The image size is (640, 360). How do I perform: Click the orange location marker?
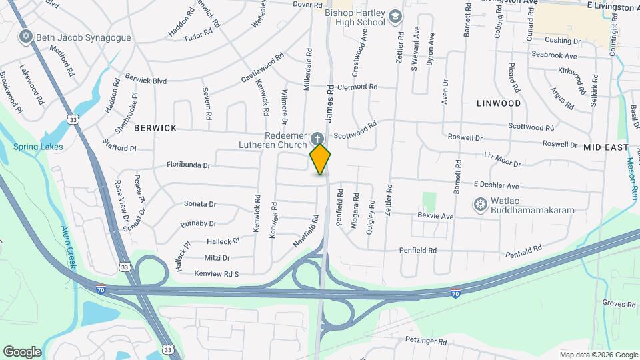click(320, 159)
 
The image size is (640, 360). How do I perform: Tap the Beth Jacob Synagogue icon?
click(27, 36)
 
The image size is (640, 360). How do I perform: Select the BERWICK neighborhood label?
click(155, 127)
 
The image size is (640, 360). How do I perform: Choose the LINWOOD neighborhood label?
click(499, 103)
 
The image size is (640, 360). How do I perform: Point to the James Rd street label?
click(329, 103)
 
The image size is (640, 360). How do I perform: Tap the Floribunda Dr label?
click(188, 164)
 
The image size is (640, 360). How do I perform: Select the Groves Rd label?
click(619, 304)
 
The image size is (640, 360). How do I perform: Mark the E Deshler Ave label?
click(496, 185)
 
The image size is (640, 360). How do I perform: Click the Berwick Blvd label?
click(145, 80)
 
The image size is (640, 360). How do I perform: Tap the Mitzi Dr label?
click(217, 257)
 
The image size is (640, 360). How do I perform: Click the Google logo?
click(22, 351)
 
